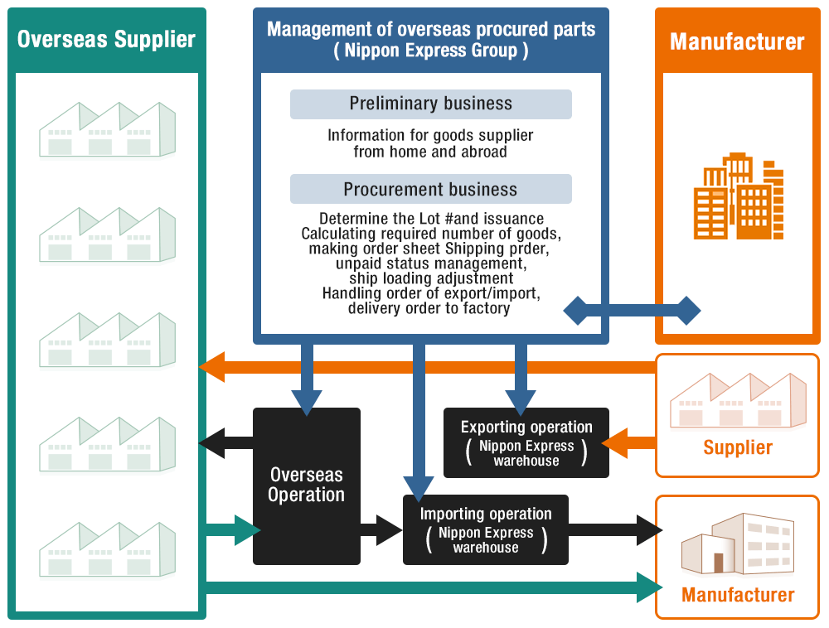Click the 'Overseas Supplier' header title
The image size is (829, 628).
pos(106,39)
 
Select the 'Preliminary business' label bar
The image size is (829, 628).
pos(430,104)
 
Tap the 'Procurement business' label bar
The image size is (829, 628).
pos(430,189)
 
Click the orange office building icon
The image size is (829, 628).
pos(738,196)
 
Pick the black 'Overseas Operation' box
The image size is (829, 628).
pos(306,485)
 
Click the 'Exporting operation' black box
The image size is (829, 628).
pos(526,442)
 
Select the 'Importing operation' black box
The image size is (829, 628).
pos(486,529)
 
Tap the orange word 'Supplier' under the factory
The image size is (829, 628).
pos(738,448)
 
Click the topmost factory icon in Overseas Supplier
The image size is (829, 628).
pos(108,129)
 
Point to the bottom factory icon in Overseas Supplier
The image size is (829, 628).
pos(108,548)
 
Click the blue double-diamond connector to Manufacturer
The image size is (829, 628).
pos(632,311)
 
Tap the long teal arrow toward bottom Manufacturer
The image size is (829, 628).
pos(431,587)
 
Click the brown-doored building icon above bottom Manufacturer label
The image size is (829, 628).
pos(737,543)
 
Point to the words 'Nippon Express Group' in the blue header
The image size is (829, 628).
pos(430,51)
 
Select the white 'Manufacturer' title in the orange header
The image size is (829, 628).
pos(737,41)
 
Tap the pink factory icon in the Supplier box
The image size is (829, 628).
pos(738,400)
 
